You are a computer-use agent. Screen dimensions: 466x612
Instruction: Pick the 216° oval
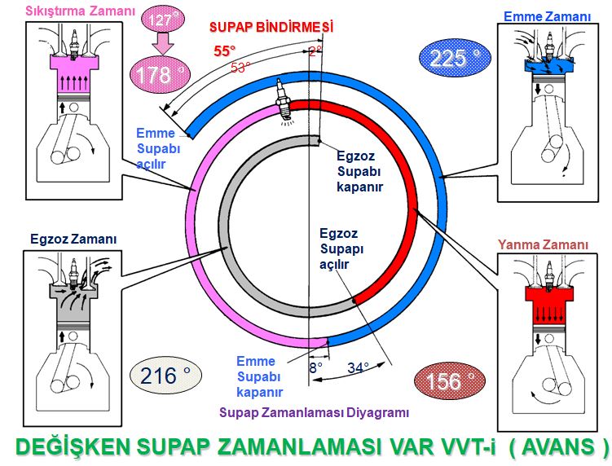[x=165, y=376]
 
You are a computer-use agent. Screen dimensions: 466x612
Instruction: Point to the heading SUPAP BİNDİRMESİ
[x=272, y=27]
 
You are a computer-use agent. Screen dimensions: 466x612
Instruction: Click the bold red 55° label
[x=225, y=51]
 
